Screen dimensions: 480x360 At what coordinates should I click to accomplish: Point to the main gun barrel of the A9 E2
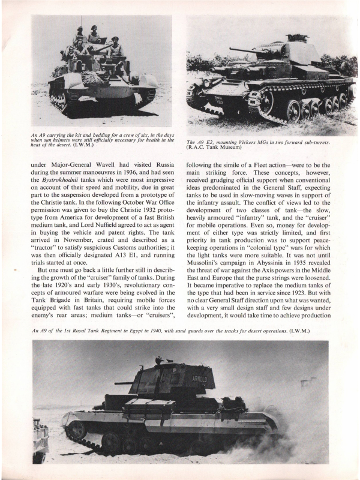pos(246,51)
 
